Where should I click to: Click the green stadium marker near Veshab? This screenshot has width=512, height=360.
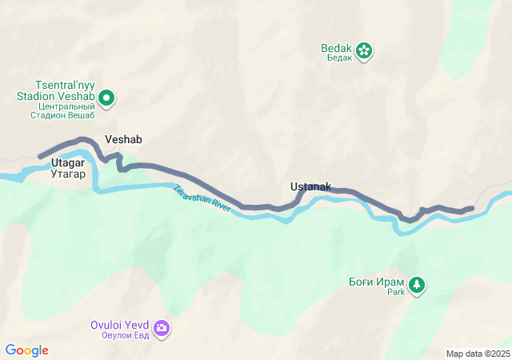tap(106, 98)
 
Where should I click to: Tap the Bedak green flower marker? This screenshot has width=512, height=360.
tap(364, 50)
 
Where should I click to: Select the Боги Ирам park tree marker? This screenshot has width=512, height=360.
tap(416, 285)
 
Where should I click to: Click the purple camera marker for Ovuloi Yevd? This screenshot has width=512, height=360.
tap(162, 328)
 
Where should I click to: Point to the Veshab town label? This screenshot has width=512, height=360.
tap(123, 139)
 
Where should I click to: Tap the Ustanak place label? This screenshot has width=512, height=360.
tap(310, 186)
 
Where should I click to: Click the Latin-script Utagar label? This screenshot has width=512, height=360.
tap(68, 162)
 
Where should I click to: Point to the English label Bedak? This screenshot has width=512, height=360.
tap(337, 48)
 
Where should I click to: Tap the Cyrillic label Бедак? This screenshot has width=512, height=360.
tap(337, 58)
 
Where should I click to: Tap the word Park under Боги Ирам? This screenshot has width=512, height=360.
tap(397, 292)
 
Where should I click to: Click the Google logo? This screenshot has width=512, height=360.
tap(26, 350)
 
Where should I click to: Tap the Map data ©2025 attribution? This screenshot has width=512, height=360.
tap(478, 354)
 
